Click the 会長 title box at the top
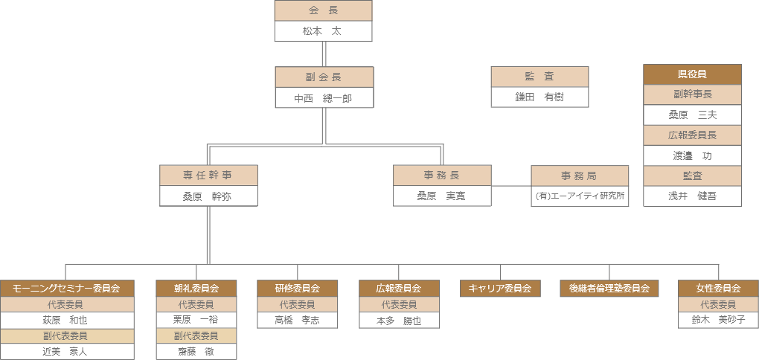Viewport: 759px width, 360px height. tap(323, 10)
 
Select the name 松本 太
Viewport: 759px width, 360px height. tap(323, 31)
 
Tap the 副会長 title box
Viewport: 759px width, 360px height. tap(324, 77)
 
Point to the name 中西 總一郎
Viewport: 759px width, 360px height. tap(324, 98)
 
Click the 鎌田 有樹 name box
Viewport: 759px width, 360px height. tap(539, 97)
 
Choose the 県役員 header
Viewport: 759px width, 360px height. tap(692, 74)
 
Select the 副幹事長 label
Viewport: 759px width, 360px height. tap(692, 94)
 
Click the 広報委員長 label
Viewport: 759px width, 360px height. tap(692, 135)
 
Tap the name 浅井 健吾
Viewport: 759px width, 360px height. tap(692, 196)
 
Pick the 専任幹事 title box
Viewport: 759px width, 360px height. tap(208, 176)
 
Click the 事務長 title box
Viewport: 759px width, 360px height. tap(442, 176)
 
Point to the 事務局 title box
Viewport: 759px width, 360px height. tap(579, 176)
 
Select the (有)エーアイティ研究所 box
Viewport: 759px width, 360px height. tap(579, 196)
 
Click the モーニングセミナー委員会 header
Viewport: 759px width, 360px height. tap(67, 289)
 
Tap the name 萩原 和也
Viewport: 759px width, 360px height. tap(67, 320)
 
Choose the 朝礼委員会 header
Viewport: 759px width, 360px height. tap(196, 289)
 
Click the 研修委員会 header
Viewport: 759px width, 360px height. tap(297, 289)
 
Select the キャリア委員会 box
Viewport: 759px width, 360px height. tap(500, 289)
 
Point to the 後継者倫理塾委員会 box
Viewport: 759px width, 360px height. tap(609, 289)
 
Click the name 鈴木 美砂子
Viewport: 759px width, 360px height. tap(718, 320)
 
